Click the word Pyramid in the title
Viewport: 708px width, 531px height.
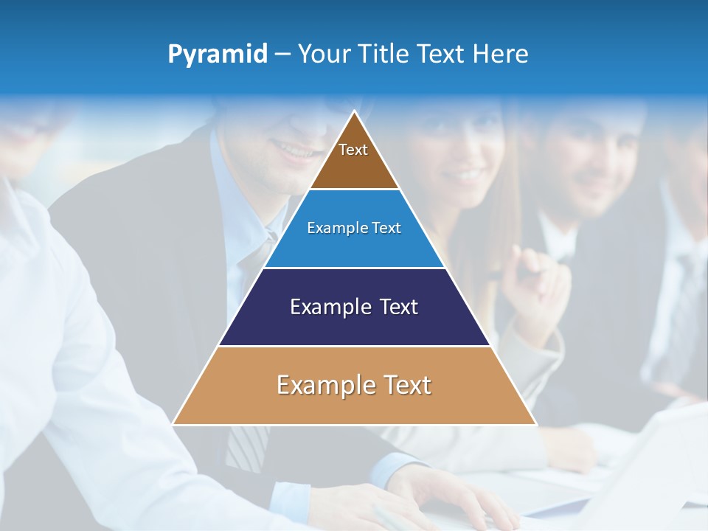[217, 55]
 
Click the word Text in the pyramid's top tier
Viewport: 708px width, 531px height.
[353, 150]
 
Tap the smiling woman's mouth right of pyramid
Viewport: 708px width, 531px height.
[467, 176]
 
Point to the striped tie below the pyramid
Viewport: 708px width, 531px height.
[246, 446]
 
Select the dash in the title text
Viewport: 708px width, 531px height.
[282, 55]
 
